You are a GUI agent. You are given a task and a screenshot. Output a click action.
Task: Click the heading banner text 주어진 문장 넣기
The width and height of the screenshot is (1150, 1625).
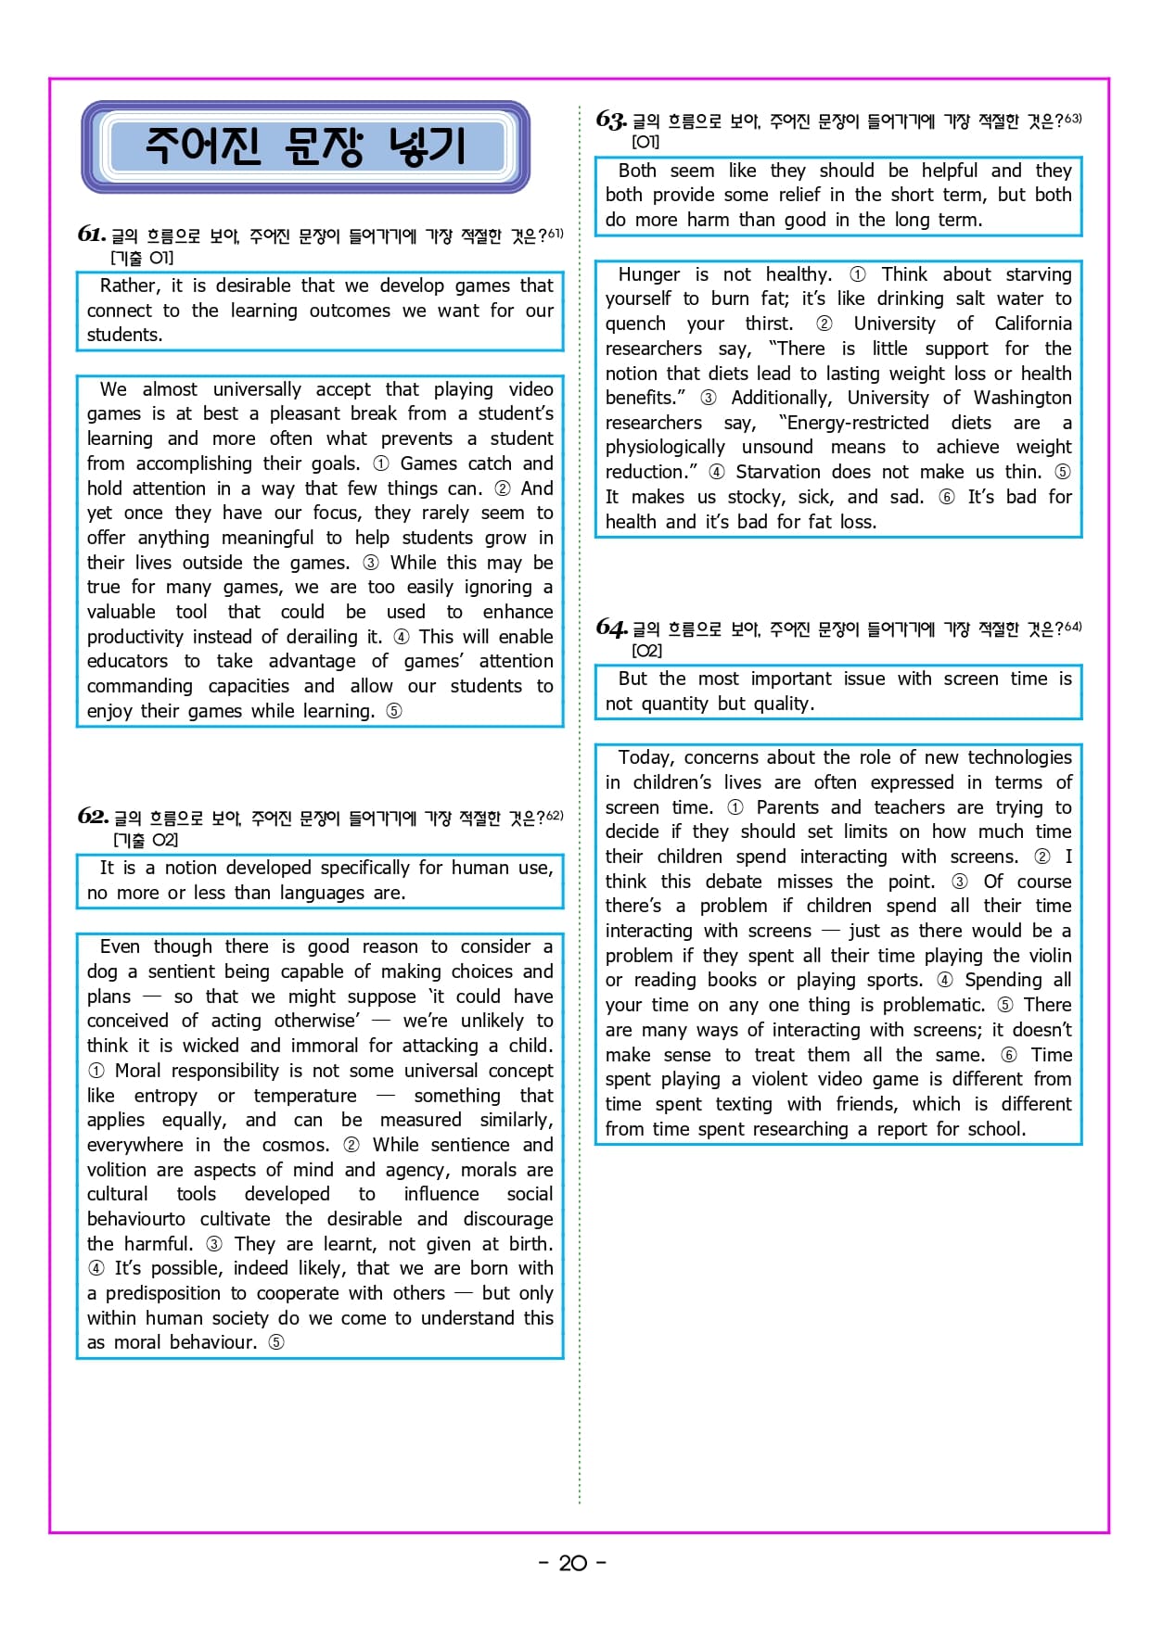tap(305, 146)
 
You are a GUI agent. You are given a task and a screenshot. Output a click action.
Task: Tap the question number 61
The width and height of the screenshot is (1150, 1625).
tap(91, 234)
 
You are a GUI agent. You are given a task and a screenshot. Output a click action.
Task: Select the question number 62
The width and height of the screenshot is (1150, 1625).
tap(93, 816)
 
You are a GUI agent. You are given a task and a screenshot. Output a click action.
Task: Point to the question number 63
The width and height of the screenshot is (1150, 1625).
tap(610, 120)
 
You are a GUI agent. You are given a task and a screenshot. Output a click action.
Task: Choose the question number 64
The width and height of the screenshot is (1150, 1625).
tap(610, 628)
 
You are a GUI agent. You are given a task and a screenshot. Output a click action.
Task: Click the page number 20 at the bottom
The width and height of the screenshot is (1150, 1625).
tap(572, 1563)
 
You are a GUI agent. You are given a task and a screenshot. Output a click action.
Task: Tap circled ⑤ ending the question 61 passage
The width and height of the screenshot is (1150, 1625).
tap(394, 711)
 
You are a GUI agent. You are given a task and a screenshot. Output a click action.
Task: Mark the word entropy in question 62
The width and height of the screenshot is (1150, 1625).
tap(166, 1096)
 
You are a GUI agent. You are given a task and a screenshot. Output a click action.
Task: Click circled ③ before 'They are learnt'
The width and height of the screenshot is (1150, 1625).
tap(214, 1244)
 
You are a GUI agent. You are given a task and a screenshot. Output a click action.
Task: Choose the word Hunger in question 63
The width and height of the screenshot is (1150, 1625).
tap(649, 274)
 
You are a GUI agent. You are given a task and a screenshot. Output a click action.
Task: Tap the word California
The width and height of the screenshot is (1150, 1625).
tap(1032, 324)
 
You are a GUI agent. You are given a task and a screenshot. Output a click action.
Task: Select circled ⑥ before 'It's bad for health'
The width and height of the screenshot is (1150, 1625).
tap(946, 497)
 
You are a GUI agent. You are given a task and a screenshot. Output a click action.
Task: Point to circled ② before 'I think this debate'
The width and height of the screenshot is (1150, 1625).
tap(1041, 857)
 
